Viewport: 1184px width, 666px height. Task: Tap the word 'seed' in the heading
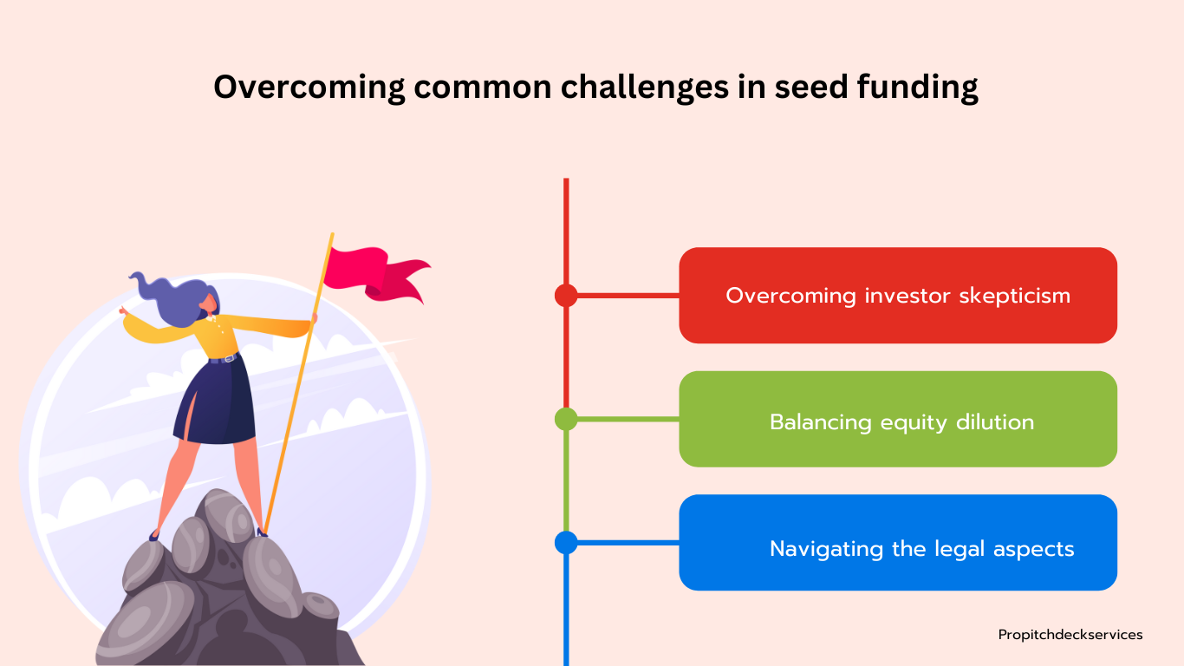811,87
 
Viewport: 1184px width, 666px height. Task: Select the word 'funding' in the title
918,88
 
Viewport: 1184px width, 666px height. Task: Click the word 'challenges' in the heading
645,88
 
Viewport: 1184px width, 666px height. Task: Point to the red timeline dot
566,295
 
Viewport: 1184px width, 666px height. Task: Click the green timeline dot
566,419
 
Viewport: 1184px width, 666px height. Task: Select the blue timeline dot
566,543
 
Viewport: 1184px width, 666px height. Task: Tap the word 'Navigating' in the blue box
826,550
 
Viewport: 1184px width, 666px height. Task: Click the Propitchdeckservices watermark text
1070,635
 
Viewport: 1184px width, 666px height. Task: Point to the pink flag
376,274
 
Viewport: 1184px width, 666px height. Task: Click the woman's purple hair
174,300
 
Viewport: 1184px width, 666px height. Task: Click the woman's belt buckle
229,358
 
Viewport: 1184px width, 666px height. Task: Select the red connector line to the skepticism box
628,295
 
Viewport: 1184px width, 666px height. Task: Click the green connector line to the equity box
628,419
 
